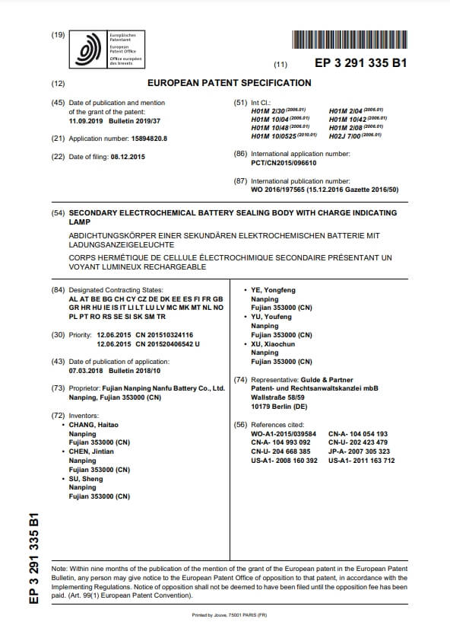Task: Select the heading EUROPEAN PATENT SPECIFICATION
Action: click(x=229, y=83)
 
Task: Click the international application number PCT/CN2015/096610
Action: click(x=284, y=163)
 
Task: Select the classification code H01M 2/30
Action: click(x=267, y=110)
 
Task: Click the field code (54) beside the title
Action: click(x=57, y=215)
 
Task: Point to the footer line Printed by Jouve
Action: click(x=224, y=614)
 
